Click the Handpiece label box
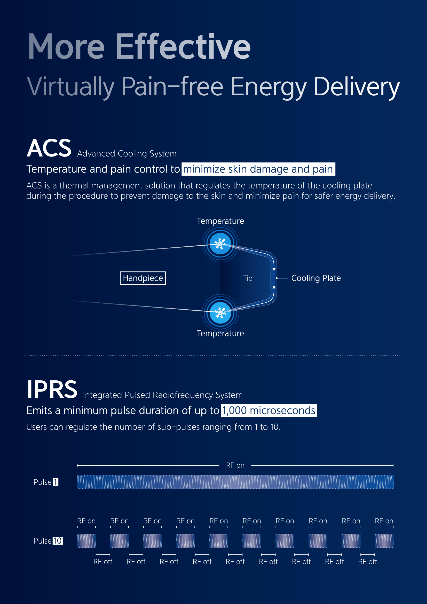tap(143, 278)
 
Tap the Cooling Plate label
tap(316, 278)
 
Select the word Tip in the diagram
tap(248, 278)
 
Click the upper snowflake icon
tap(220, 244)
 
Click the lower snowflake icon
tap(220, 312)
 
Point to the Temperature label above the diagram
tap(220, 221)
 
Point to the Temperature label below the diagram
tap(220, 333)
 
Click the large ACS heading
tap(49, 148)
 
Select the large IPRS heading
tap(52, 389)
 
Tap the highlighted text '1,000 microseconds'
tap(269, 411)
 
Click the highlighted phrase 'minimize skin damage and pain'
tap(258, 169)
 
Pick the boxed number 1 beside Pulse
tap(56, 482)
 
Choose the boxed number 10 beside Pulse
tap(58, 540)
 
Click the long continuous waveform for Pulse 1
tap(235, 482)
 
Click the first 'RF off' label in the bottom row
tap(103, 562)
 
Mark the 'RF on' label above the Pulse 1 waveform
tap(235, 465)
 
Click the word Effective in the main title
tap(183, 46)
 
